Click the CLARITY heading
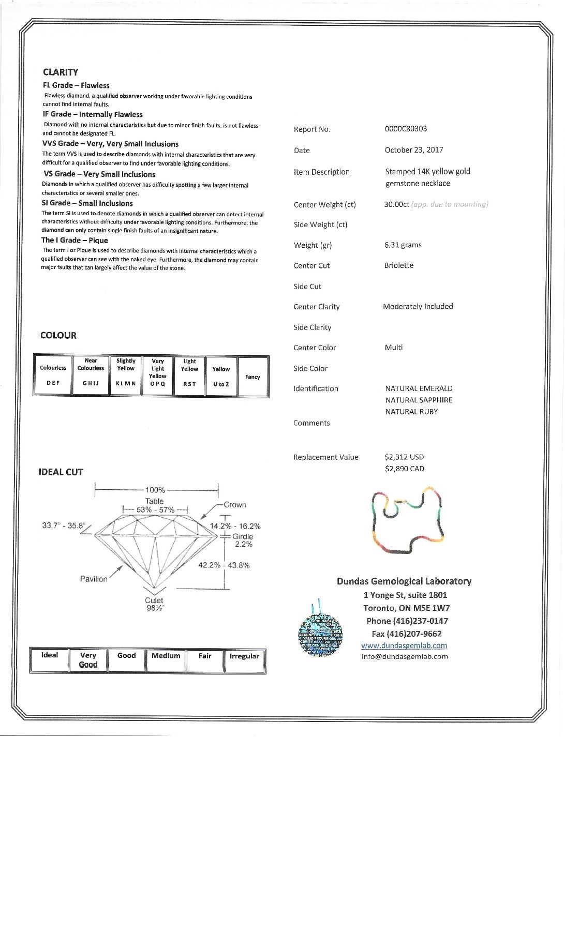61,72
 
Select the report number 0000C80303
406,129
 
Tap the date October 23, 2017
413,150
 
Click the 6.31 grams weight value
403,245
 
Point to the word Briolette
398,265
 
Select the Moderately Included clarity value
418,307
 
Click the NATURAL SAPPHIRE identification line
419,400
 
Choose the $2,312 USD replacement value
404,457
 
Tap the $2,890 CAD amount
404,469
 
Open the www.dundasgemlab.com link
404,645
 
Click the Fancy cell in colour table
252,377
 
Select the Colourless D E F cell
53,376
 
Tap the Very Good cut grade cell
88,660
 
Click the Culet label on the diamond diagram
154,600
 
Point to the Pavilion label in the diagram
94,579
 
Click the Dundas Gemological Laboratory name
404,581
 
